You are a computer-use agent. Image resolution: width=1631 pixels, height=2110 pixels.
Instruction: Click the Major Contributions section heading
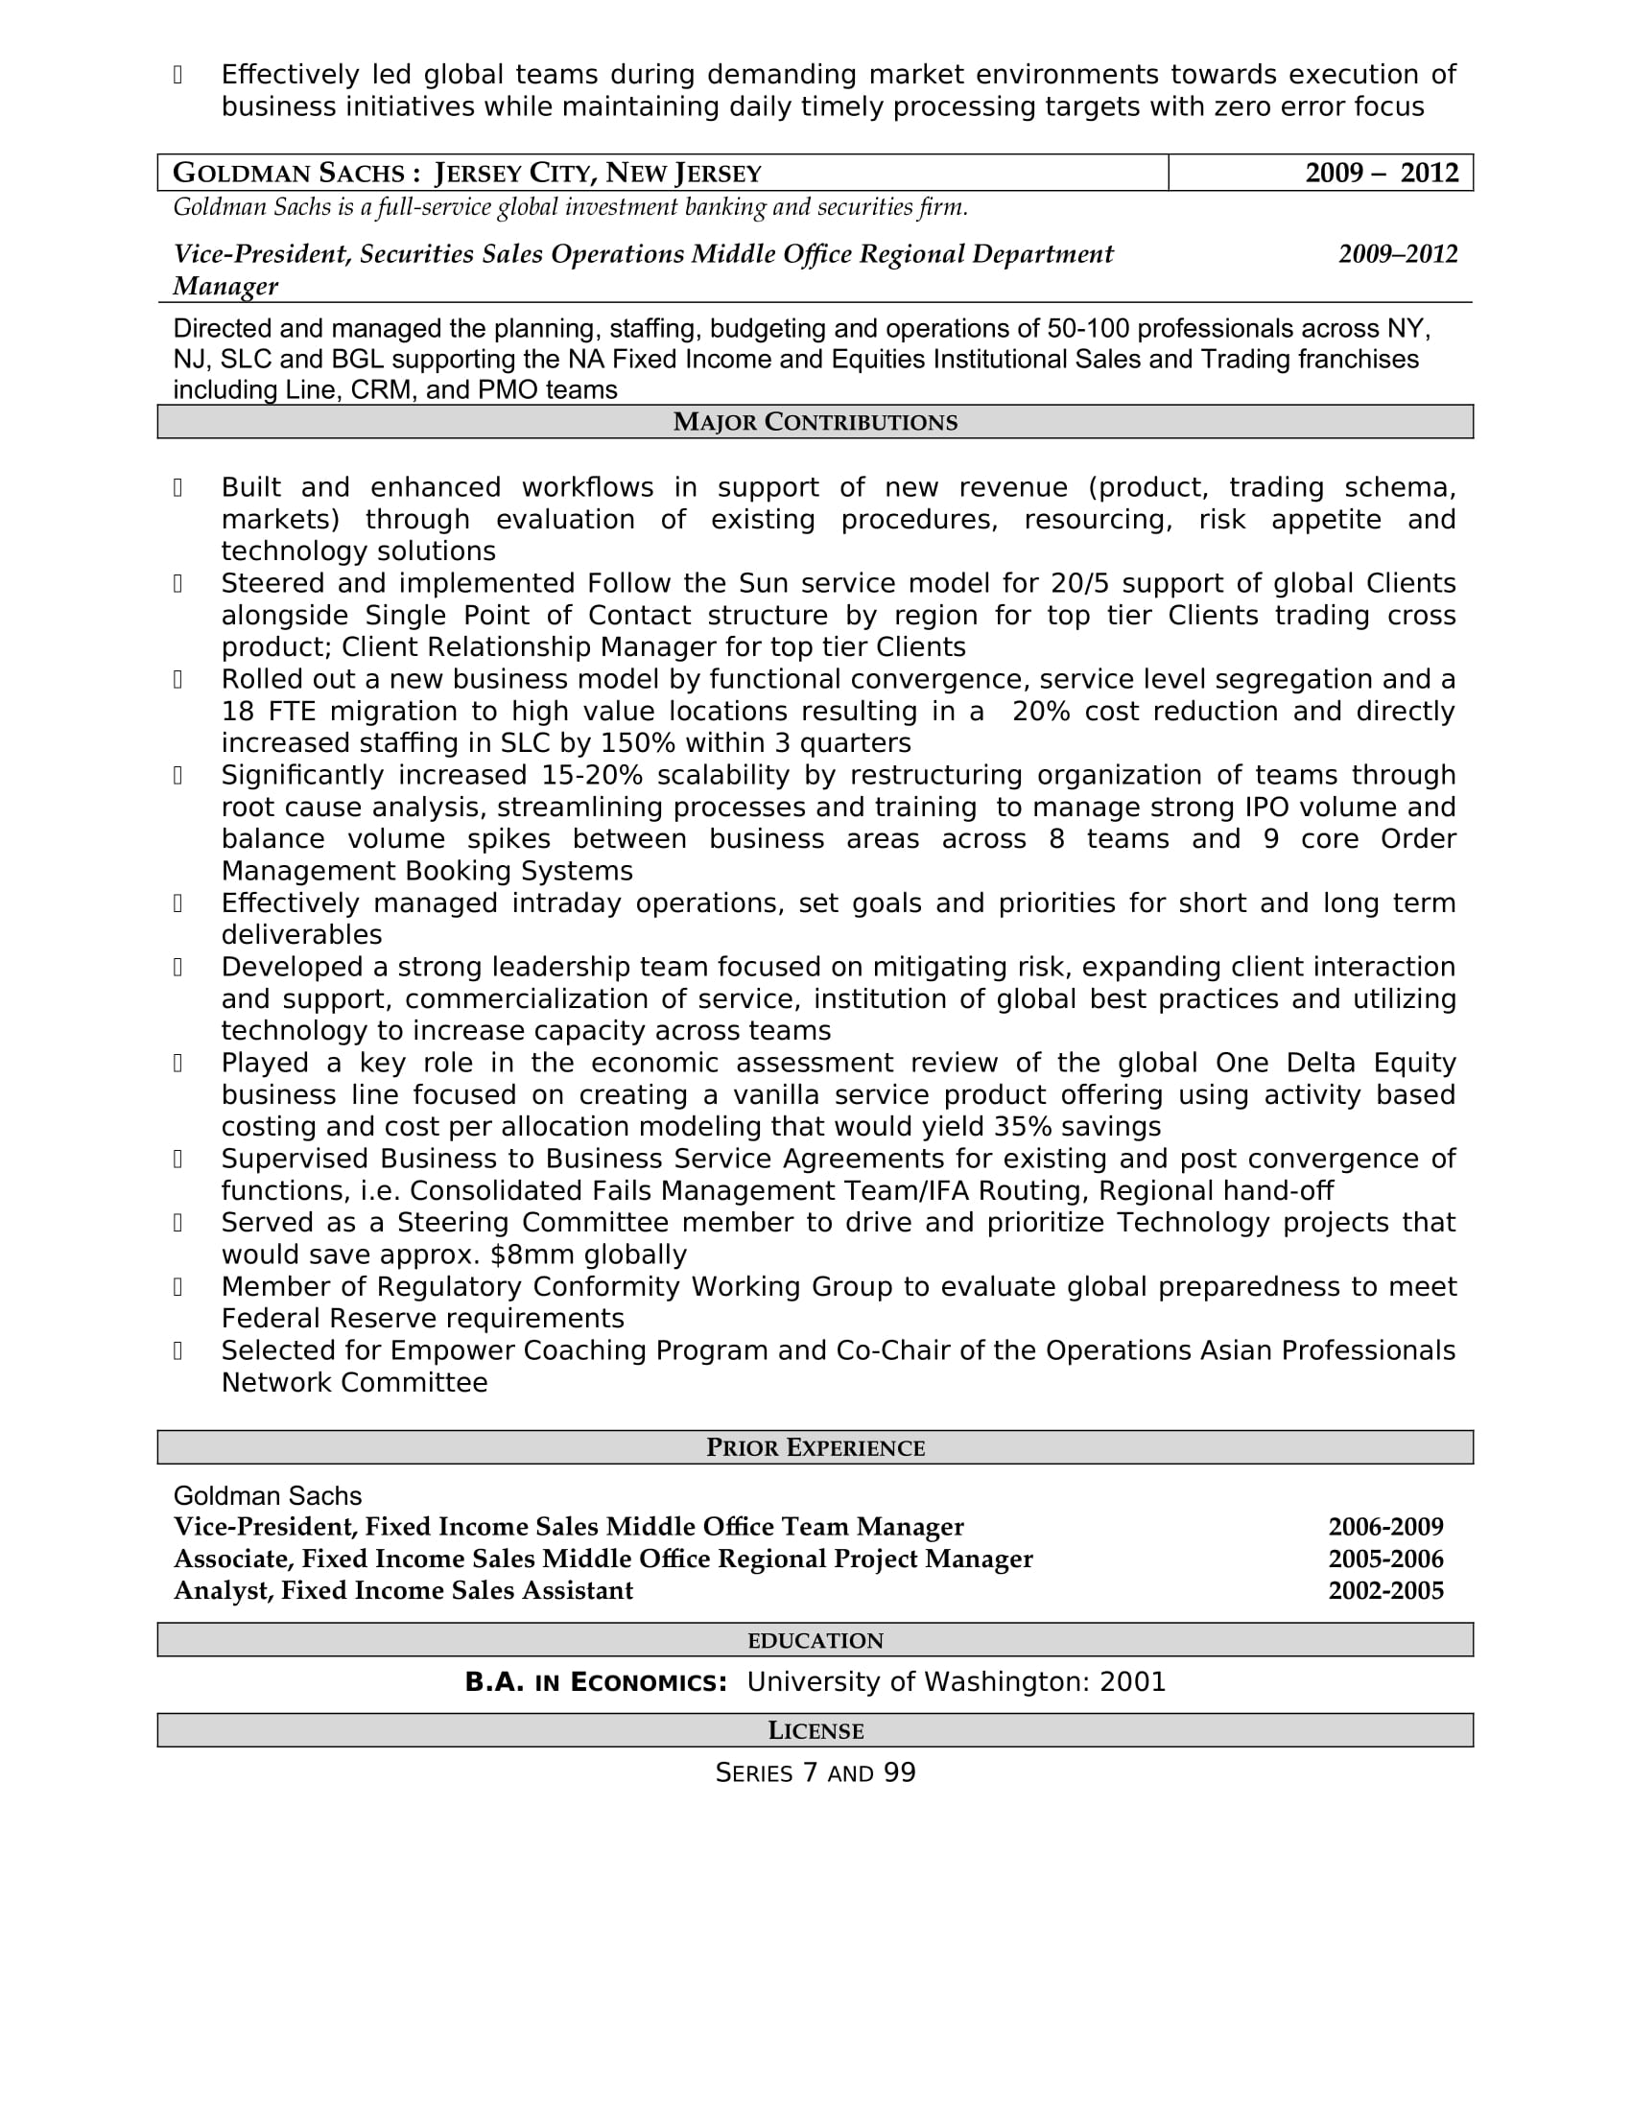[x=815, y=422]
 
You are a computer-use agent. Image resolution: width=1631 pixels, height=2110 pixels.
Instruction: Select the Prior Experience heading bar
[x=815, y=1447]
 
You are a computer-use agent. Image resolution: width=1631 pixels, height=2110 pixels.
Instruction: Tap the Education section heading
[x=815, y=1640]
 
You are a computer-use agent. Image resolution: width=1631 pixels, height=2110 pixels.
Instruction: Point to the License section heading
[x=815, y=1730]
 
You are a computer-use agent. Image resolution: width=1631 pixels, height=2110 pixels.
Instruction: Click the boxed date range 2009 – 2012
[x=1381, y=173]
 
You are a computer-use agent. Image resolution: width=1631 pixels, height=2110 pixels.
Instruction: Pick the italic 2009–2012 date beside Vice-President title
[x=1397, y=254]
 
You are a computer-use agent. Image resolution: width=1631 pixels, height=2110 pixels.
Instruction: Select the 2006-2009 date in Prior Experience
[x=1384, y=1528]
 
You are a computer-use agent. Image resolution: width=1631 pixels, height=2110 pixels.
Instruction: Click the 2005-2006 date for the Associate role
[x=1384, y=1559]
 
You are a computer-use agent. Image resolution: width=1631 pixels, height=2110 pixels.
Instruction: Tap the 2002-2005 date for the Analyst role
[x=1384, y=1591]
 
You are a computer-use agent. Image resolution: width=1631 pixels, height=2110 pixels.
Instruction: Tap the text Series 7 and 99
[x=815, y=1772]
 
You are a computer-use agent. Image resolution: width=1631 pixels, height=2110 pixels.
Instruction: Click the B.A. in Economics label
[x=595, y=1683]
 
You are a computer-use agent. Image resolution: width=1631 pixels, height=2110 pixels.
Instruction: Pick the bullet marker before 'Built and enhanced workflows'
[x=177, y=488]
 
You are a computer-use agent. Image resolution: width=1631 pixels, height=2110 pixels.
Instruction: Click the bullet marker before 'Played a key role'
[x=177, y=1064]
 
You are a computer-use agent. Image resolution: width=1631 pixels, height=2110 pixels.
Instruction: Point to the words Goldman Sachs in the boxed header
[x=288, y=173]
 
